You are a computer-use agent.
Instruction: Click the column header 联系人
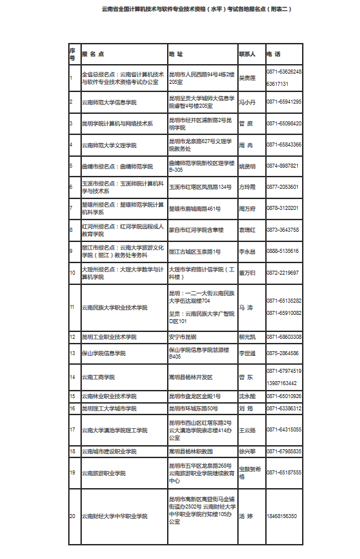247,53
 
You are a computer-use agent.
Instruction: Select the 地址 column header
176,53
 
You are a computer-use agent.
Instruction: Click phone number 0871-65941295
284,102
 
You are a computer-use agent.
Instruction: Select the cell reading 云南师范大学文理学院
109,145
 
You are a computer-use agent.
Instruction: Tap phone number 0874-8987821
282,166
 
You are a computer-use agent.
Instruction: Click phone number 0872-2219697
282,273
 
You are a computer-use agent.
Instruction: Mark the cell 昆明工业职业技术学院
109,337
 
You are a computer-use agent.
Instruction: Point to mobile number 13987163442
282,383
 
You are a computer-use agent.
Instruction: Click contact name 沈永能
246,395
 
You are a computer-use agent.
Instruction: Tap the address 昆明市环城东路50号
194,408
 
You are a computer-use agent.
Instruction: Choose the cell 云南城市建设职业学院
112,451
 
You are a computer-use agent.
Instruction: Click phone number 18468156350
282,516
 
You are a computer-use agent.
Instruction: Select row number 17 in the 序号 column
72,429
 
